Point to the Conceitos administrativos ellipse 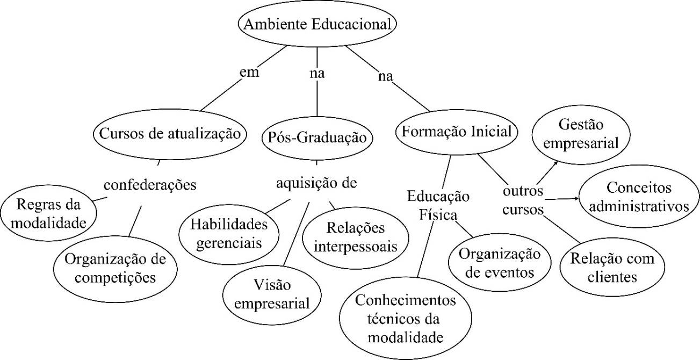[640, 197]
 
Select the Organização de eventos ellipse [500, 263]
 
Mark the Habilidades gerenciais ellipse [229, 233]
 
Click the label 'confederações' [149, 185]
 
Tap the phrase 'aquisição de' [316, 184]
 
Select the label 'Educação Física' [438, 204]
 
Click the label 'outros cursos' [523, 200]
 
